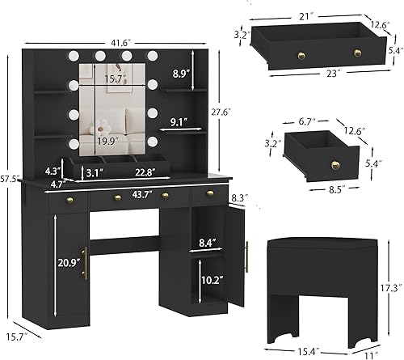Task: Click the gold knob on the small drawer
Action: click(334, 166)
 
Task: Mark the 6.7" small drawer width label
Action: click(305, 121)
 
